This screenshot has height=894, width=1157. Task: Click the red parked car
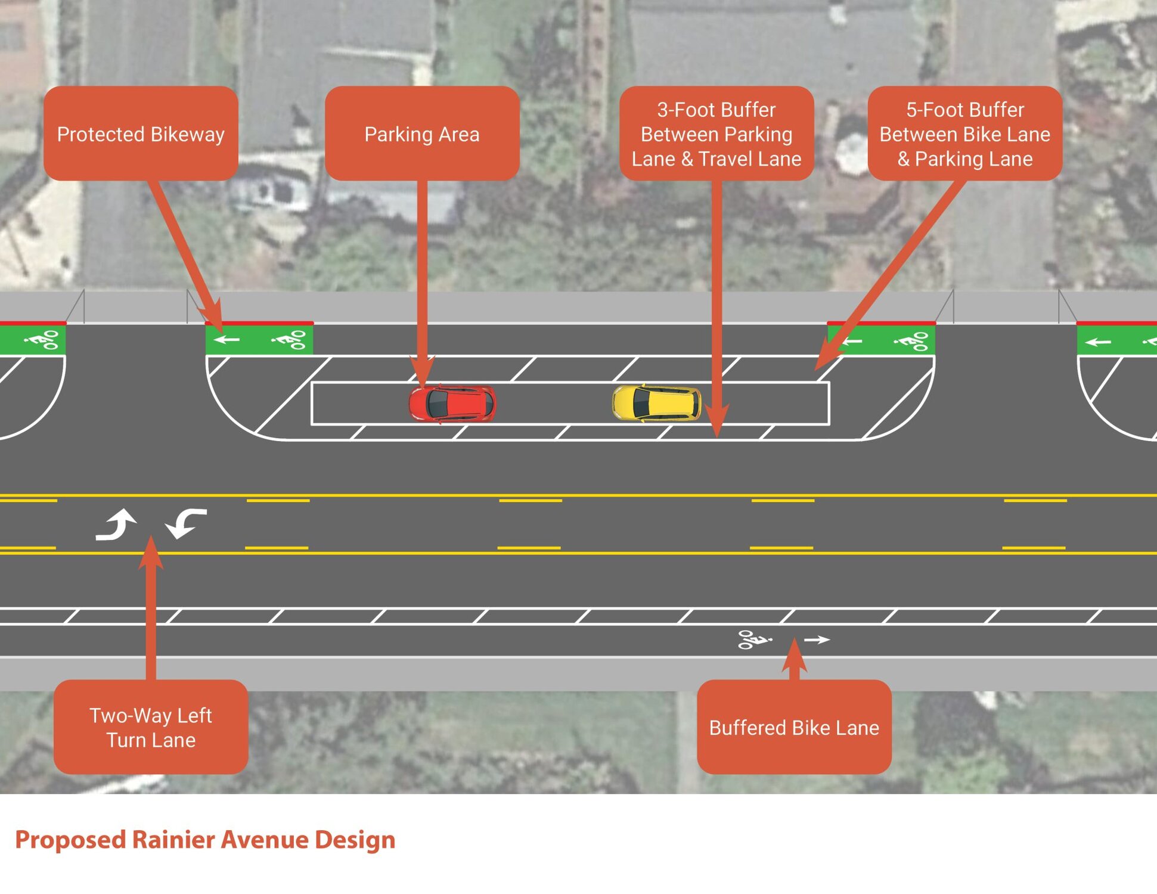(452, 403)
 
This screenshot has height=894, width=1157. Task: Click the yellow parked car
(656, 403)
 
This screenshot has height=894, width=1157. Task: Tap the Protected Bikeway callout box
(141, 134)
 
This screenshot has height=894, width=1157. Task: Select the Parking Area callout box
(421, 134)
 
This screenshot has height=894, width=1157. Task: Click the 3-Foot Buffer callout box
(716, 134)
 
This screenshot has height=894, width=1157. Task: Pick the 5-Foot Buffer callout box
(964, 134)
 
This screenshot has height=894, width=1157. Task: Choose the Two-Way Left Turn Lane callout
(151, 727)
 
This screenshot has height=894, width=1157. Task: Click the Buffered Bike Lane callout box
(794, 727)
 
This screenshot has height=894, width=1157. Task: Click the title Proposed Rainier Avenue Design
(205, 840)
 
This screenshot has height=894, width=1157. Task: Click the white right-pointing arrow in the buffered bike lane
(817, 640)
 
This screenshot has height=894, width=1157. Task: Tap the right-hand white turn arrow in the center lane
(186, 523)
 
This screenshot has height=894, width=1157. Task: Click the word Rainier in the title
(173, 840)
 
